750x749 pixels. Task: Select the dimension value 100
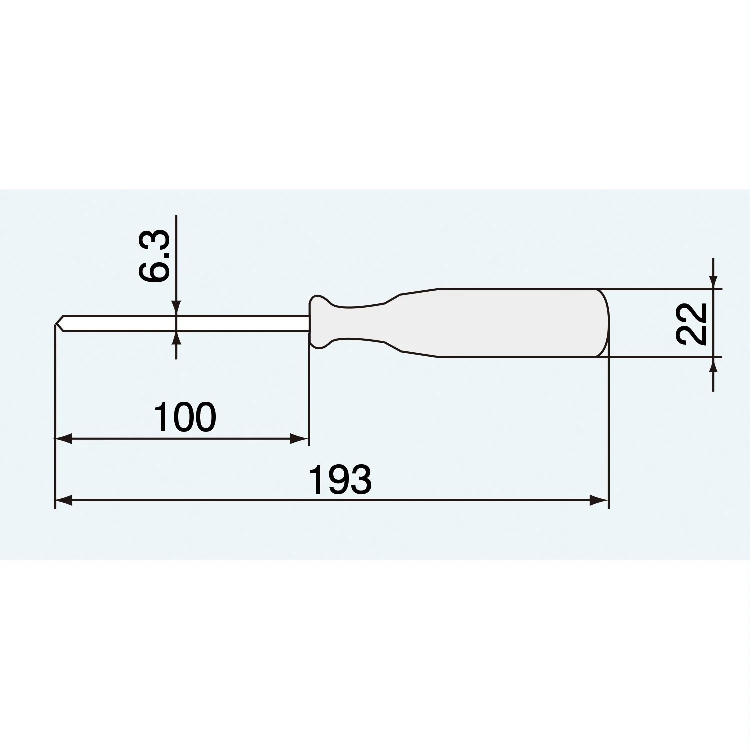pos(185,417)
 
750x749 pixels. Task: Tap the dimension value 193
pos(340,479)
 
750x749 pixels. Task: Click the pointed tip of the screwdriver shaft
pos(55,324)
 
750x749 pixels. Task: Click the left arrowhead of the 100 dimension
pos(64,439)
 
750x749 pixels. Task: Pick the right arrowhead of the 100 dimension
pos(299,439)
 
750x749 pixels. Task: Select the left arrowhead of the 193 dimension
pos(64,500)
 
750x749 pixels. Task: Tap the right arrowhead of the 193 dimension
pos(599,500)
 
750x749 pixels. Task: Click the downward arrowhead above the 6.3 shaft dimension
pos(176,307)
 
